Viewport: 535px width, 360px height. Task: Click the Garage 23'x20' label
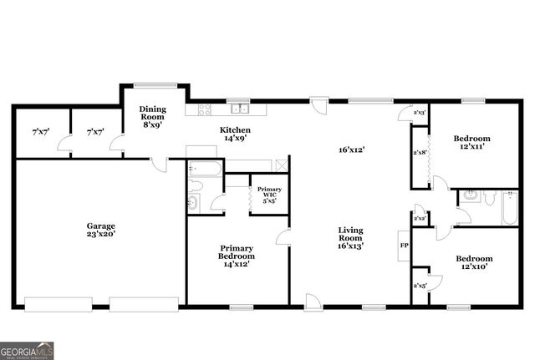pos(101,231)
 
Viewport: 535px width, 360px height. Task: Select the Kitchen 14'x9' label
pos(235,134)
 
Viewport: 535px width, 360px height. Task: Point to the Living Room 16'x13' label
pos(350,237)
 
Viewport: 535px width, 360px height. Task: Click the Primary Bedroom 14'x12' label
pos(237,256)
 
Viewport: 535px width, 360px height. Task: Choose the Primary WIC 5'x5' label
pos(269,195)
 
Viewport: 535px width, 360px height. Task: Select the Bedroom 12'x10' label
pos(474,263)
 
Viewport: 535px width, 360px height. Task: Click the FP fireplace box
pos(404,246)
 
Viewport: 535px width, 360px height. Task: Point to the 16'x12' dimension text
pos(351,150)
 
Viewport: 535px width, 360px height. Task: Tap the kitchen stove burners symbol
pos(203,109)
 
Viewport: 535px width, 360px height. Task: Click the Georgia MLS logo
pos(27,350)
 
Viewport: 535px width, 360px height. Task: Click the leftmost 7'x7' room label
pos(40,132)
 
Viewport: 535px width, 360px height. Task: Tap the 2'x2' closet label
pos(419,219)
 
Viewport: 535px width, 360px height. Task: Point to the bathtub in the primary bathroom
pos(204,170)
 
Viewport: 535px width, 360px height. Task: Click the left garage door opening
pos(58,304)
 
